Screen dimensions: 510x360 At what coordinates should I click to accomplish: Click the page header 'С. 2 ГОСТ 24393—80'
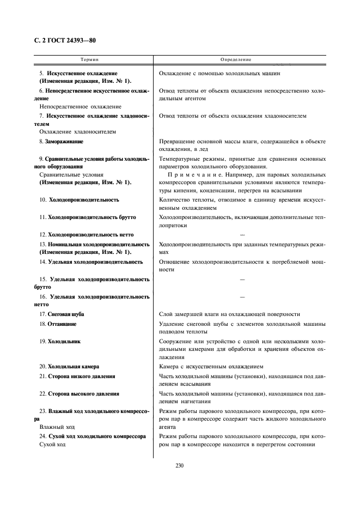click(62, 41)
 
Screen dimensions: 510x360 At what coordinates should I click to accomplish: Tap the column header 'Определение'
click(236, 59)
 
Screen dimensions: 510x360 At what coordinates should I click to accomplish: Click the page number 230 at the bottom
click(180, 465)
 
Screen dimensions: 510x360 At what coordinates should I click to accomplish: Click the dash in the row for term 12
click(242, 234)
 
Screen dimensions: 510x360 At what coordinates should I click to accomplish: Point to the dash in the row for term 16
click(242, 296)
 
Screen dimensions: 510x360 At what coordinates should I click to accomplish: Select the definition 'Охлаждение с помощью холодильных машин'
click(219, 73)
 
